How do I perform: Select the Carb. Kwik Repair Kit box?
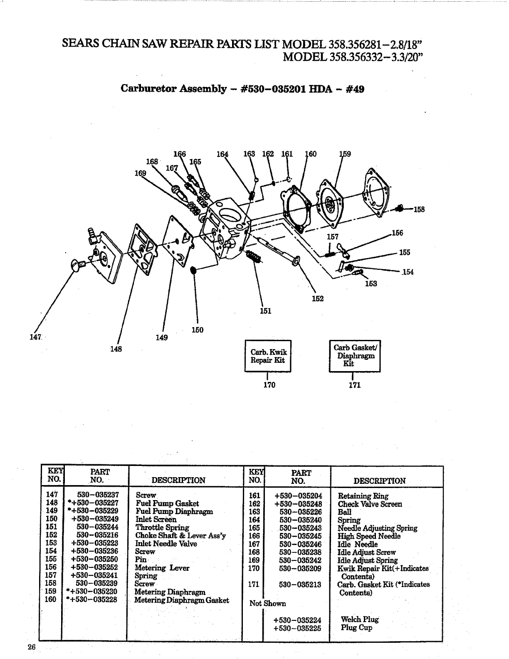click(x=268, y=356)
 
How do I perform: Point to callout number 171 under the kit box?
click(x=354, y=385)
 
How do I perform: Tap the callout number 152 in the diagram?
click(x=318, y=298)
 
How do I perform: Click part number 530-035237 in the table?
click(x=98, y=495)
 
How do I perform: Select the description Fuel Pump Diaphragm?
click(x=174, y=511)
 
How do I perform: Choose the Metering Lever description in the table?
click(x=163, y=568)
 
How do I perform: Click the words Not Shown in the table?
click(x=267, y=603)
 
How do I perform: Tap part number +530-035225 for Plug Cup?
click(x=297, y=628)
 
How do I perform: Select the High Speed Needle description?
click(x=369, y=536)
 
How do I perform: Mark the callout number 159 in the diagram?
click(x=345, y=154)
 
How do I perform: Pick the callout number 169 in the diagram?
click(x=140, y=173)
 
